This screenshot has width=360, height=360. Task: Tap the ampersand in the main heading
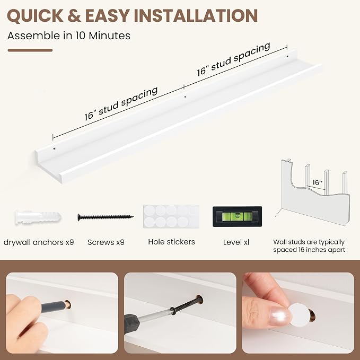click(x=74, y=15)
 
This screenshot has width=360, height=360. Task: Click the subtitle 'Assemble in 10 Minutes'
click(x=69, y=36)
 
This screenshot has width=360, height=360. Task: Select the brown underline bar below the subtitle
click(x=30, y=50)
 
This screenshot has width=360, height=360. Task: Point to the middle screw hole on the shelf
click(x=185, y=97)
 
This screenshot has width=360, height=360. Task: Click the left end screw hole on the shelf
click(x=55, y=149)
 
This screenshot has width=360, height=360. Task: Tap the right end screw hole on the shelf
click(x=287, y=56)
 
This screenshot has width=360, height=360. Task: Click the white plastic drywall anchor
click(x=38, y=217)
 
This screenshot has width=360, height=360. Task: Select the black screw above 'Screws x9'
click(x=106, y=217)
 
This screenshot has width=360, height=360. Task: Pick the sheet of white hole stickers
click(x=171, y=216)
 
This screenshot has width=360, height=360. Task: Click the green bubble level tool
click(x=237, y=216)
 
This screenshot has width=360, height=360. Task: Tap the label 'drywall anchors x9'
click(x=39, y=242)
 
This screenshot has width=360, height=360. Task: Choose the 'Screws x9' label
click(x=106, y=242)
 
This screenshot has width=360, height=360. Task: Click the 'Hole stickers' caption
click(x=171, y=242)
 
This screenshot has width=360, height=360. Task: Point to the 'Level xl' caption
click(x=236, y=242)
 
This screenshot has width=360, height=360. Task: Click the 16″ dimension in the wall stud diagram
click(x=318, y=182)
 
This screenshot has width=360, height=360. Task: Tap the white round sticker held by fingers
click(x=299, y=315)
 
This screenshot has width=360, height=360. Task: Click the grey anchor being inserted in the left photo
click(x=54, y=306)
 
